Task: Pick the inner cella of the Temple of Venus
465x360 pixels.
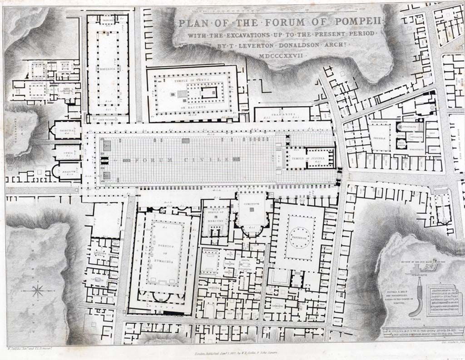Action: point(209,94)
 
